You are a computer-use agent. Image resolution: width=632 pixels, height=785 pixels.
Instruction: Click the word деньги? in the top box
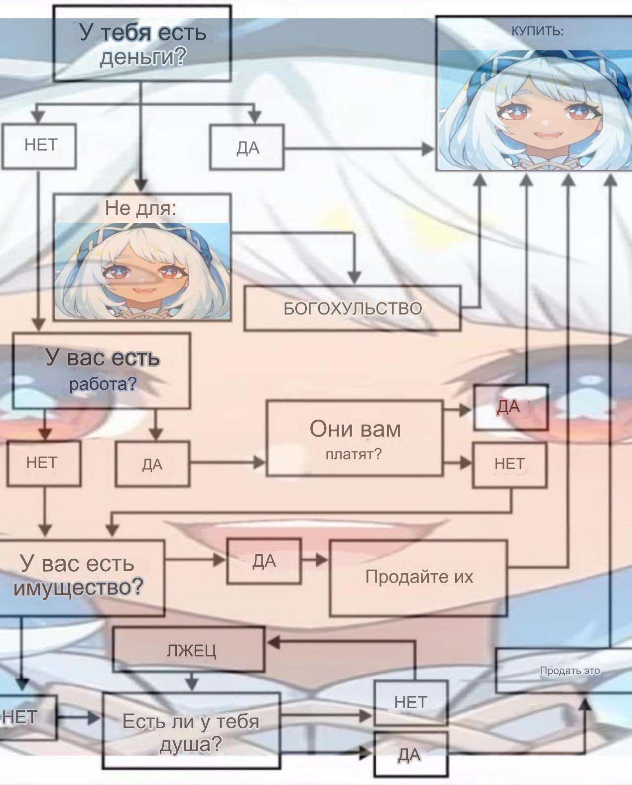click(142, 57)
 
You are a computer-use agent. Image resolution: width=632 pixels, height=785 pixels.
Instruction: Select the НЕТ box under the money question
click(39, 146)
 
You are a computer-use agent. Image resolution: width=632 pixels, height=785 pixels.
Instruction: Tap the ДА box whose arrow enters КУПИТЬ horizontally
click(247, 148)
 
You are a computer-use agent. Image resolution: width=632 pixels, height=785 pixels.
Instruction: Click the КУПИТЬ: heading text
click(537, 31)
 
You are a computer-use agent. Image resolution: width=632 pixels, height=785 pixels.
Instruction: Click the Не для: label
click(140, 208)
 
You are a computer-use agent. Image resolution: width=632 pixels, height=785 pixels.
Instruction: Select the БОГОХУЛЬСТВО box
click(352, 309)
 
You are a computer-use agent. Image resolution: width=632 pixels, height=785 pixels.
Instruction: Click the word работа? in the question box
click(103, 384)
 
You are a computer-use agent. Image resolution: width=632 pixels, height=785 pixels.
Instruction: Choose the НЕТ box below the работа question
click(43, 463)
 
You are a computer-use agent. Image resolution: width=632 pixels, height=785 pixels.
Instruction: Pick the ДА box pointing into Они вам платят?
click(152, 464)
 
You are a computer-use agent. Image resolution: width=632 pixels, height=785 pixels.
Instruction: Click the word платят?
click(354, 454)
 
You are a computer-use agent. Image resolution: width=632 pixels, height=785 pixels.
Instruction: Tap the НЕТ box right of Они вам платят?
click(509, 465)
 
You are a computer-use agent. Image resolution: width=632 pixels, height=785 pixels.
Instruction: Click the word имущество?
click(78, 588)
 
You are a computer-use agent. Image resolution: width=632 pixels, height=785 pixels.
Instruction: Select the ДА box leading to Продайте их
click(264, 561)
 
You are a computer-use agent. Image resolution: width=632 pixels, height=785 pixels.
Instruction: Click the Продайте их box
click(418, 577)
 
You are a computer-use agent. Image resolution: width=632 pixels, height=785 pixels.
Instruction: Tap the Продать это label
click(569, 670)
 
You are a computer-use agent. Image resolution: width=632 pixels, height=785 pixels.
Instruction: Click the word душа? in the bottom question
click(191, 745)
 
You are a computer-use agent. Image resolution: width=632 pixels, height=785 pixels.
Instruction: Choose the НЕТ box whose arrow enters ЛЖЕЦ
click(410, 703)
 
